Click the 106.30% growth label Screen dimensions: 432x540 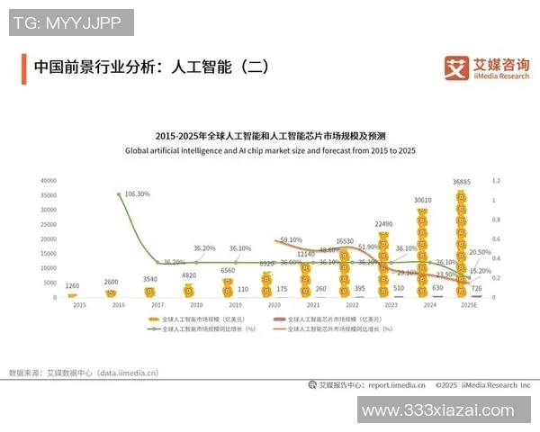pyautogui.click(x=137, y=193)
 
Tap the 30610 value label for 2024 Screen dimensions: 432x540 pyautogui.click(x=423, y=200)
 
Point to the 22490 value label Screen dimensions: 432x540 pyautogui.click(x=383, y=224)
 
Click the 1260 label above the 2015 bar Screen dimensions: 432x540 pyautogui.click(x=74, y=287)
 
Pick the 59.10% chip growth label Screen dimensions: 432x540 pyautogui.click(x=291, y=240)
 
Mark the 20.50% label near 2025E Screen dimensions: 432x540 pyautogui.click(x=480, y=252)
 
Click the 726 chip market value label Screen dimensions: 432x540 pyautogui.click(x=476, y=288)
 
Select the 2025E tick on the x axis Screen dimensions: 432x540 pyautogui.click(x=461, y=305)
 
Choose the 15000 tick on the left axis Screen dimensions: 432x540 pyautogui.click(x=49, y=253)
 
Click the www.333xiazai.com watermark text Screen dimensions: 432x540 pyautogui.click(x=448, y=409)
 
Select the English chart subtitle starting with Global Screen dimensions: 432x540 pyautogui.click(x=269, y=150)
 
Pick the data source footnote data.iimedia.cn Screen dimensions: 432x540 pyautogui.click(x=84, y=372)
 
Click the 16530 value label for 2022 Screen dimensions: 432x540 pyautogui.click(x=344, y=241)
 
